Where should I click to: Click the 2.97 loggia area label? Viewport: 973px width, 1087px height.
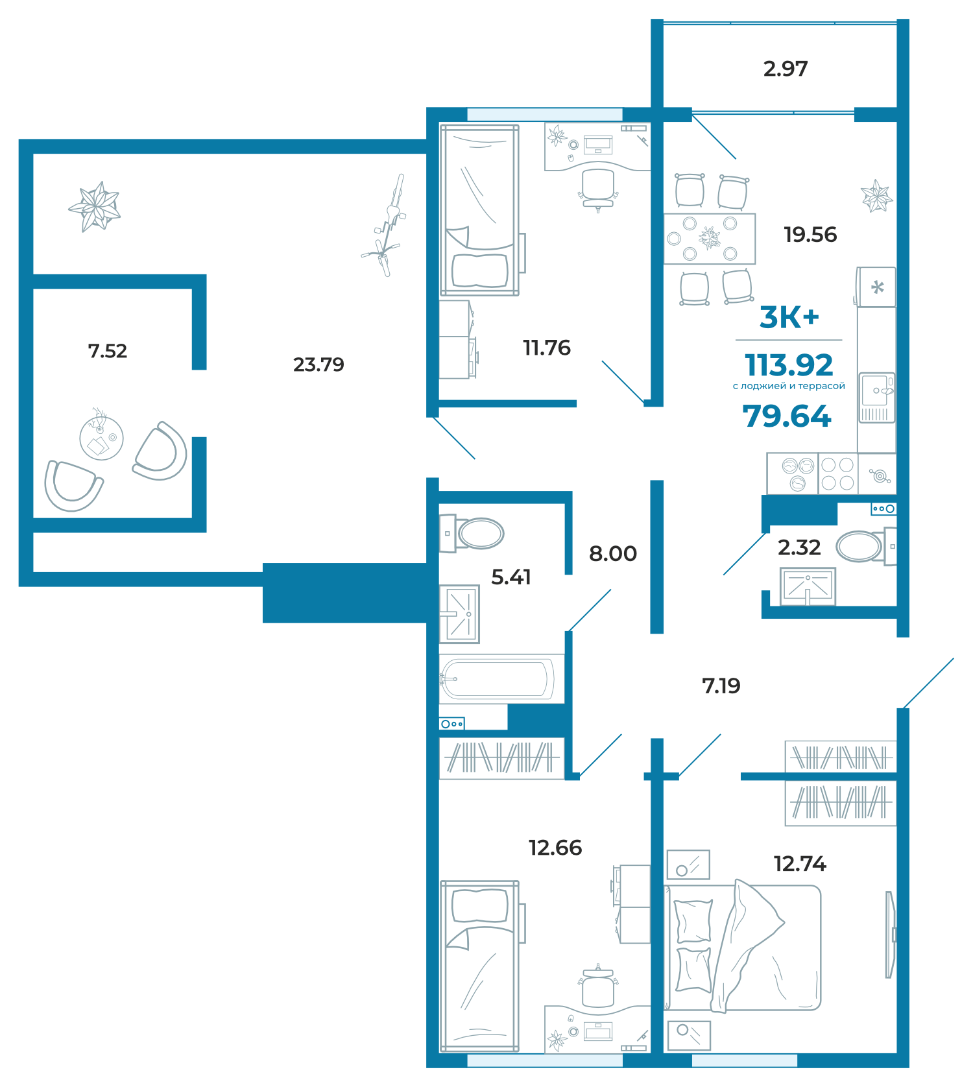click(786, 69)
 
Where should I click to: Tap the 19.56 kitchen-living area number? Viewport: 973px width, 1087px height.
click(810, 234)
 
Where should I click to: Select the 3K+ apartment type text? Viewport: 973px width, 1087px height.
click(789, 317)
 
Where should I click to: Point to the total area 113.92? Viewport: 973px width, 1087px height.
click(789, 365)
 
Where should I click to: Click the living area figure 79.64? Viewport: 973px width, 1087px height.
click(787, 416)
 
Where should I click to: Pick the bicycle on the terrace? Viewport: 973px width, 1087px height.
click(385, 225)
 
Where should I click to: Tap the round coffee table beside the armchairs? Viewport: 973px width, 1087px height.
click(101, 438)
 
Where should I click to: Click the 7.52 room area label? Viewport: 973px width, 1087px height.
click(108, 351)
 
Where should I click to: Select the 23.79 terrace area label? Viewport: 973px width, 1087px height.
click(318, 364)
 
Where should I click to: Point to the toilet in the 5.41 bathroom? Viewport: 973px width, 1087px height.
click(472, 533)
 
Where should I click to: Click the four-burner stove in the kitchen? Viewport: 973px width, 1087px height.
click(837, 473)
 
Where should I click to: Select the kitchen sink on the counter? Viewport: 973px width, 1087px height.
click(876, 397)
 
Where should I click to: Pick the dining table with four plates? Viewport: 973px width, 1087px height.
click(710, 239)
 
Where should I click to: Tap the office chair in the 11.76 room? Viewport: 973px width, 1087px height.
click(597, 189)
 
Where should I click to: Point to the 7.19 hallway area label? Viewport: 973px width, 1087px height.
click(721, 686)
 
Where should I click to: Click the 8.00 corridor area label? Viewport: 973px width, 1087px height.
click(613, 553)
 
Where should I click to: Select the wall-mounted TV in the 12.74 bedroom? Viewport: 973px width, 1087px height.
click(891, 935)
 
